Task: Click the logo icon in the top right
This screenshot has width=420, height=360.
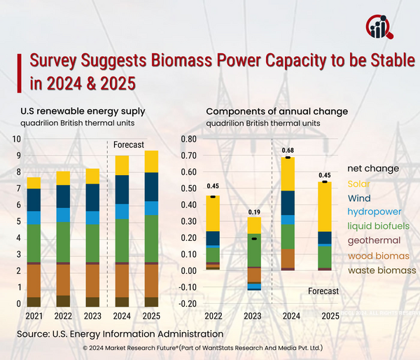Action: [x=380, y=26]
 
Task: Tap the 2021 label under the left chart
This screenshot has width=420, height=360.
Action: [x=33, y=315]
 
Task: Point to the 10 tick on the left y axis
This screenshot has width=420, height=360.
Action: [x=17, y=139]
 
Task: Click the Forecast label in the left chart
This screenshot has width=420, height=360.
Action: [x=129, y=145]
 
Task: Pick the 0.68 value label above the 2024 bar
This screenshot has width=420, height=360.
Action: [x=287, y=150]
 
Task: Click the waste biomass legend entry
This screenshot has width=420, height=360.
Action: [x=381, y=270]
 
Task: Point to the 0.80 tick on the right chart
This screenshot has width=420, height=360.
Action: [x=188, y=139]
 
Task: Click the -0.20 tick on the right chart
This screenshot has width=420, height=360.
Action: [x=187, y=304]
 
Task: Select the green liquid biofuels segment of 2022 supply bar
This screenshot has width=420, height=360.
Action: [x=63, y=242]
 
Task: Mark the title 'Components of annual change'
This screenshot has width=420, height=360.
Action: [x=276, y=111]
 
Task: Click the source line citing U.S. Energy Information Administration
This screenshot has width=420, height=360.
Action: [x=120, y=335]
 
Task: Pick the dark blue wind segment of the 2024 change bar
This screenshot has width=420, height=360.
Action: [x=287, y=202]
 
